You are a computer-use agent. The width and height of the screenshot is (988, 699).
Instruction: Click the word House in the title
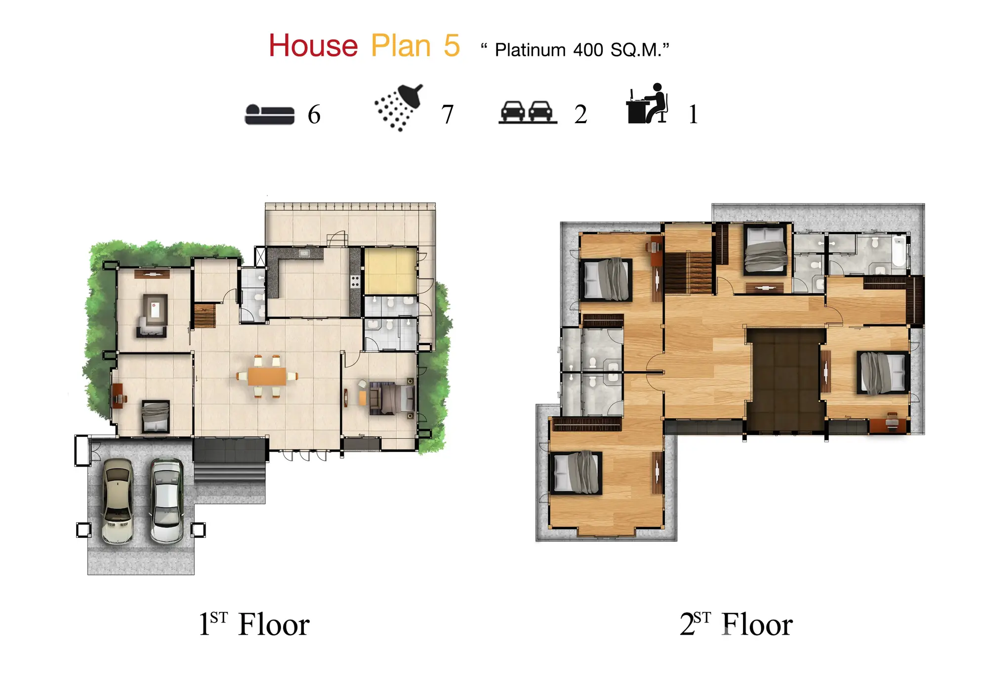point(313,46)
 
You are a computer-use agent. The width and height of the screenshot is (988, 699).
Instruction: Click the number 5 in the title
point(452,46)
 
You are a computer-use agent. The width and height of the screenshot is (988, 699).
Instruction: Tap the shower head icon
point(399,107)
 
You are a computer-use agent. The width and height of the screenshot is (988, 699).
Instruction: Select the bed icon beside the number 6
point(270,114)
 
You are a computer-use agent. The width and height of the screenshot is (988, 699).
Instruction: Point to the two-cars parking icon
point(528,112)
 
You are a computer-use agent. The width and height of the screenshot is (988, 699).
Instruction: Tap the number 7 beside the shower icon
point(447,115)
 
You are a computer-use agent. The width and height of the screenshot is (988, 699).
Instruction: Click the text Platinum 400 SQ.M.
point(575,50)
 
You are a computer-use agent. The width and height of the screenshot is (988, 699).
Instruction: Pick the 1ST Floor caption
point(254,624)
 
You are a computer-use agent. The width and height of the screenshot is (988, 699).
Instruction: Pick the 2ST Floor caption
point(736,624)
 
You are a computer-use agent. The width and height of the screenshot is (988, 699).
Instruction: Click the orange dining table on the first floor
point(267,376)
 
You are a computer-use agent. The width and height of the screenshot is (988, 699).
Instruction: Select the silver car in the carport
point(167,501)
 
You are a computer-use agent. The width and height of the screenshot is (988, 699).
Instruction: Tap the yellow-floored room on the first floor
point(390,271)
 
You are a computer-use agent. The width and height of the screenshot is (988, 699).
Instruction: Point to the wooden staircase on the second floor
point(688,272)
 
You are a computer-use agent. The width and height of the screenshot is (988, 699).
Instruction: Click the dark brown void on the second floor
point(785,379)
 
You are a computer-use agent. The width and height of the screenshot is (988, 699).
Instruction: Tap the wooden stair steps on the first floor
point(205,316)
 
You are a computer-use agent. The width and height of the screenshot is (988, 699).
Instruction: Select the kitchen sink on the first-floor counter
point(304,254)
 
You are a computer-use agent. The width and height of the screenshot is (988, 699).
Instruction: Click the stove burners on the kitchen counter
point(355,282)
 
